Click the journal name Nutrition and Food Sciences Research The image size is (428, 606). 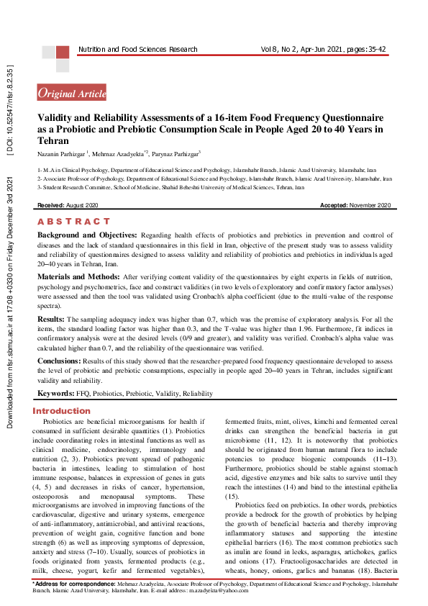coord(137,49)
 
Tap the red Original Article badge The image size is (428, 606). coord(72,93)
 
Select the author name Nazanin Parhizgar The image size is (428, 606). coord(61,154)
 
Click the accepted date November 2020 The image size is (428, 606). coord(370,206)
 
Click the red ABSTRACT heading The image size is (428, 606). coord(73,222)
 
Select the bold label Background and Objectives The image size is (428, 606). coord(87,235)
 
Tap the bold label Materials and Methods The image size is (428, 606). coord(78,276)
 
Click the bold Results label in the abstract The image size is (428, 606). coord(52,317)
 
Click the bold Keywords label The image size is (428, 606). coord(56,394)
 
